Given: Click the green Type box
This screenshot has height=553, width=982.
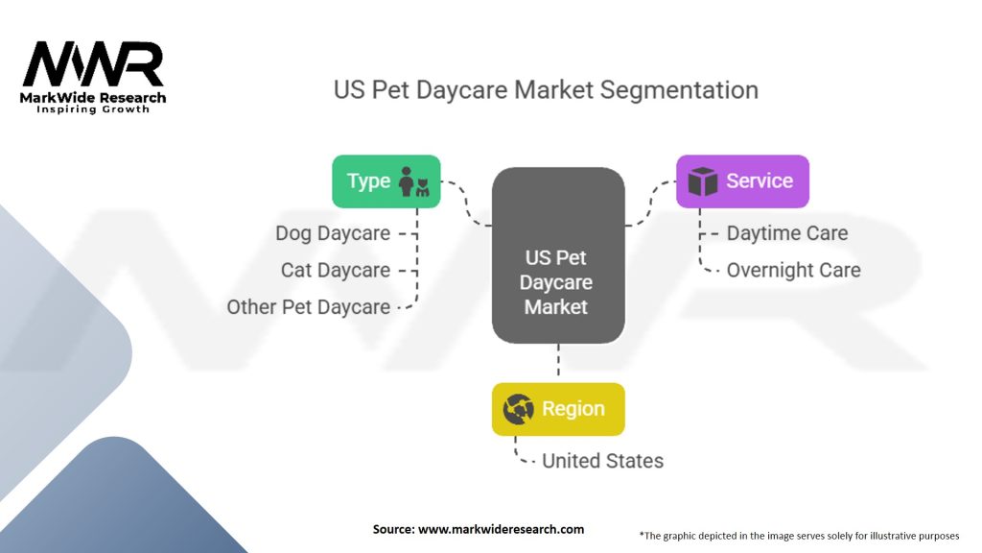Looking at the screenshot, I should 386,181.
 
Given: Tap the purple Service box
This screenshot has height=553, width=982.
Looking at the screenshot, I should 742,181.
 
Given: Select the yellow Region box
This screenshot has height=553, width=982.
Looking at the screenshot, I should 558,409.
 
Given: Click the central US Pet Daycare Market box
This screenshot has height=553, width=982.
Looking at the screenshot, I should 557,255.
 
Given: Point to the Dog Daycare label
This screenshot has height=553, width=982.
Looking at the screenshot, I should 333,233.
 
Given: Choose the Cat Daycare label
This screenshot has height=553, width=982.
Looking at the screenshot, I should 336,270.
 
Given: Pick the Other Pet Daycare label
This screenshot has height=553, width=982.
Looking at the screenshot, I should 309,307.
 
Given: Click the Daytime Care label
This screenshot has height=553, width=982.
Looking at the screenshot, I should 786,233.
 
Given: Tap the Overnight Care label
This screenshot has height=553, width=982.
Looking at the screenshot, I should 793,270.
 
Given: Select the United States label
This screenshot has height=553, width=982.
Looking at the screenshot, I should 602,461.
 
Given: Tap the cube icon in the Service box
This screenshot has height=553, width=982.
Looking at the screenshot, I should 703,181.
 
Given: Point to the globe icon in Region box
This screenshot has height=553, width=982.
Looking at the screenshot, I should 518,409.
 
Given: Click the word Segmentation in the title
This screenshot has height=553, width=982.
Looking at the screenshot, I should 679,90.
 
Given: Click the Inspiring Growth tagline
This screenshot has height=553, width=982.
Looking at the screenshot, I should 93,109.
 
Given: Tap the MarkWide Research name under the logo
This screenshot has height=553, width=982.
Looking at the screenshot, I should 93,97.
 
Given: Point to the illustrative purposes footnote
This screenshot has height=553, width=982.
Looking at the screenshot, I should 799,535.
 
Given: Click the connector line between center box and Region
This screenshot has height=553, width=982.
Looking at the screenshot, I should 557,363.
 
